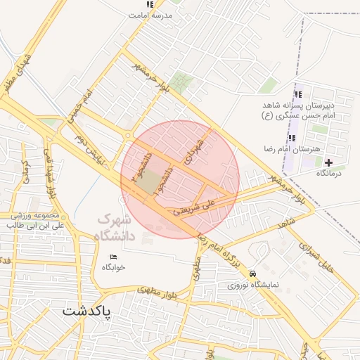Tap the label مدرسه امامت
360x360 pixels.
[x=148, y=15]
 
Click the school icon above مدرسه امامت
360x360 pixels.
[x=149, y=4]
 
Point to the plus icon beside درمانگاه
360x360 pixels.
[x=328, y=162]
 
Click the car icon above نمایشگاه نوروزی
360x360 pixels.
[x=252, y=274]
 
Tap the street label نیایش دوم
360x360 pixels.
[x=89, y=150]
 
